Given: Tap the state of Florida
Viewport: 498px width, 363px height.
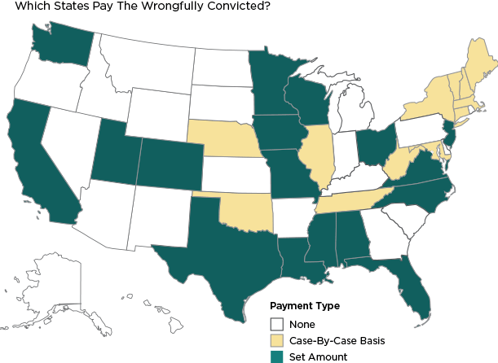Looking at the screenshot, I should [412, 285].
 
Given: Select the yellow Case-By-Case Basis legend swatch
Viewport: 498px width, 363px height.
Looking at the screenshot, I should [279, 341].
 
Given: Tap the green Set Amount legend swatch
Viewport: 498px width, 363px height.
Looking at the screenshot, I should [279, 356].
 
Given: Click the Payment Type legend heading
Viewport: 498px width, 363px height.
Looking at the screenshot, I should [304, 307].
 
